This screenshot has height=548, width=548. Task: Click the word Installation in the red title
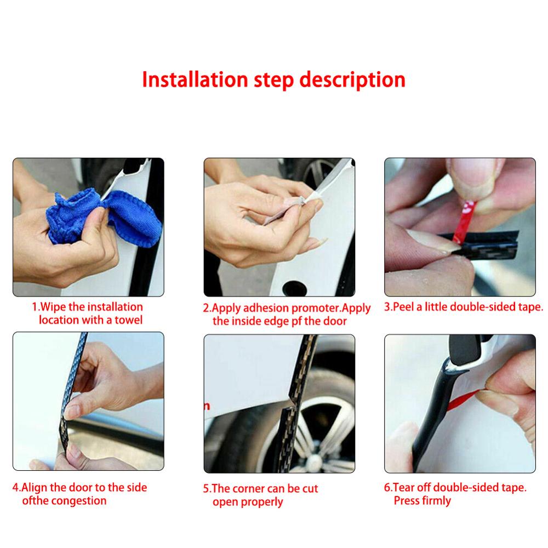195,79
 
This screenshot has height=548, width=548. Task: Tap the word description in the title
352,80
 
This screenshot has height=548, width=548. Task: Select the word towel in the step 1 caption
129,320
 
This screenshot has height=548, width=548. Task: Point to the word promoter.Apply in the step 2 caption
331,308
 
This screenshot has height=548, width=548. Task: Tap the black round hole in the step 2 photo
295,288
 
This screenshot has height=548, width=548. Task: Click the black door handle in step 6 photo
465,350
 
